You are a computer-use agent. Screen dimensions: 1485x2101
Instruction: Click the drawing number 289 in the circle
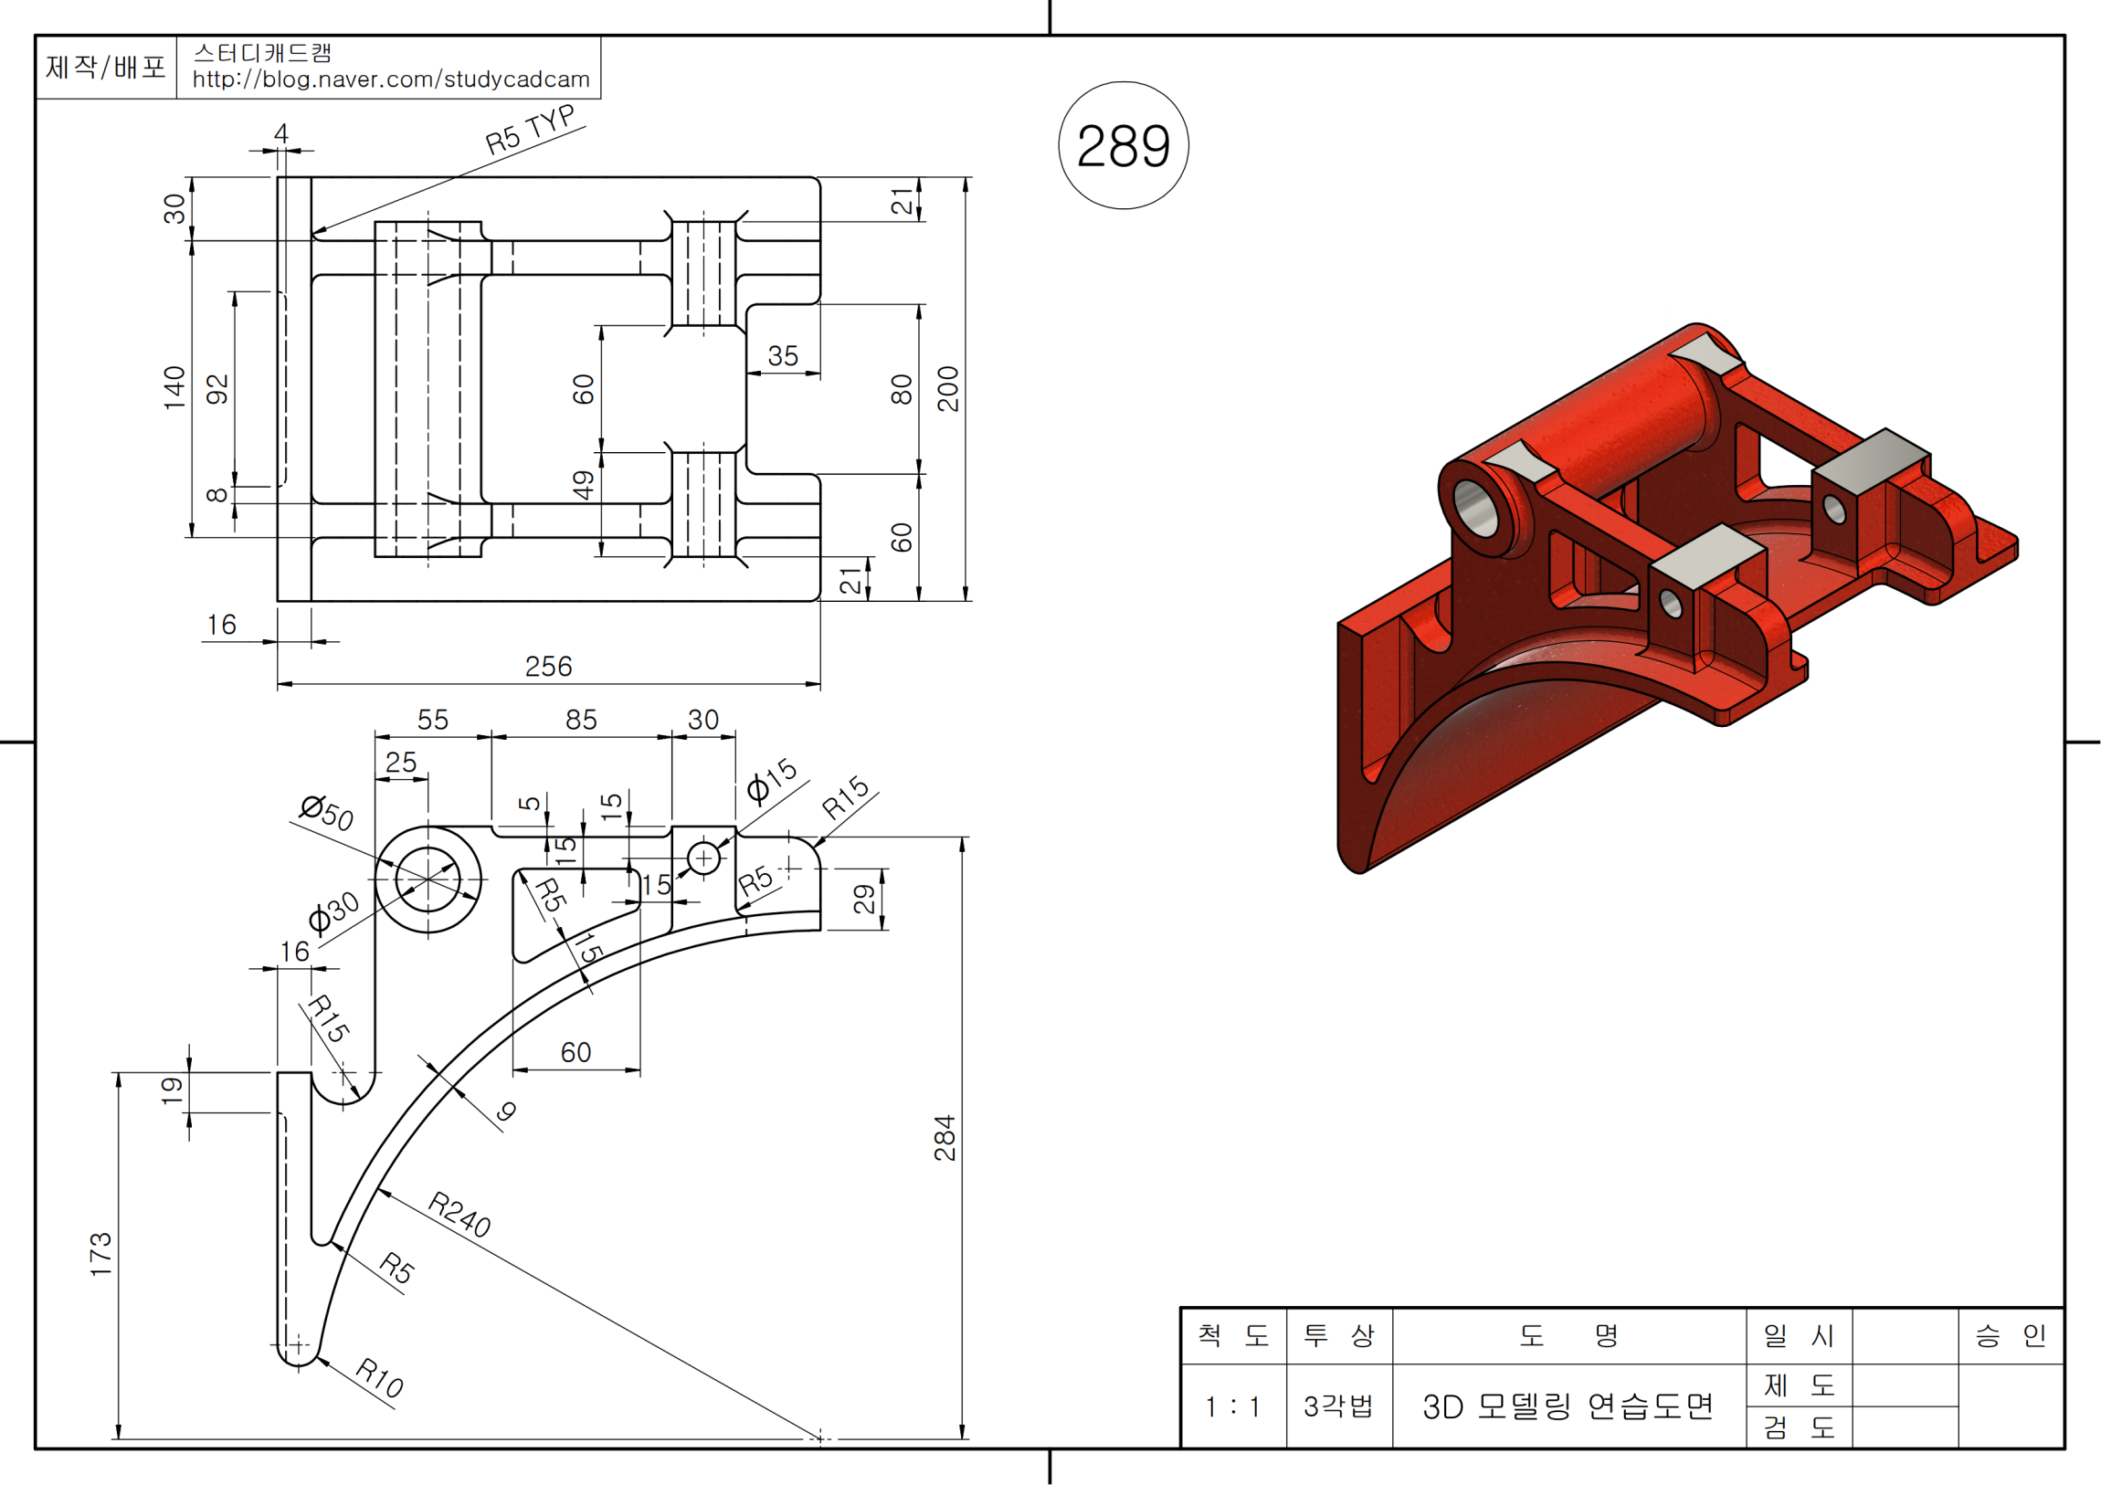pyautogui.click(x=1123, y=145)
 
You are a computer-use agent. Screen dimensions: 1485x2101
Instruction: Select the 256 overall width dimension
pyautogui.click(x=548, y=666)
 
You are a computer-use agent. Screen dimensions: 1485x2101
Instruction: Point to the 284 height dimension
pyautogui.click(x=945, y=1137)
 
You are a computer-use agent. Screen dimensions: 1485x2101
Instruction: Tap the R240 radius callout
pyautogui.click(x=459, y=1214)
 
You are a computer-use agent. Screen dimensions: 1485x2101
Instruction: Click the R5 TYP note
pyautogui.click(x=530, y=129)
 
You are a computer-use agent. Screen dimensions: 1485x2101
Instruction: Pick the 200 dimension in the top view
pyautogui.click(x=948, y=389)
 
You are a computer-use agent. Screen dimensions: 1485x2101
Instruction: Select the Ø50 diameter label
pyautogui.click(x=327, y=812)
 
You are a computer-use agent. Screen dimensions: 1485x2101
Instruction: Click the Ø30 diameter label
pyautogui.click(x=333, y=911)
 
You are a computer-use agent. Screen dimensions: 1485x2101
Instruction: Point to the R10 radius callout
pyautogui.click(x=380, y=1377)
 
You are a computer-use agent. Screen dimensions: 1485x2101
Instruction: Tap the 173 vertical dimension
pyautogui.click(x=100, y=1254)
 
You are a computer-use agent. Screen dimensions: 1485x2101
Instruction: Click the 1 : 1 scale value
pyautogui.click(x=1232, y=1406)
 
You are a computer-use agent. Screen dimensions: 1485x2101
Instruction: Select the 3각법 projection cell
pyautogui.click(x=1338, y=1406)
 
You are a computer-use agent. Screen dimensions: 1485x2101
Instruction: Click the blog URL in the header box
pyautogui.click(x=391, y=79)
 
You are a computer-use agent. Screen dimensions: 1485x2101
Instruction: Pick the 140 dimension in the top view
pyautogui.click(x=174, y=388)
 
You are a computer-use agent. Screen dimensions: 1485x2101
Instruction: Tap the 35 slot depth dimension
pyautogui.click(x=782, y=356)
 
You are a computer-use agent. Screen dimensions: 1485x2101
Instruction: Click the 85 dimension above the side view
pyautogui.click(x=581, y=720)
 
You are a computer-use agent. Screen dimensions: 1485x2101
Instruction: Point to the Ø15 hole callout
pyautogui.click(x=771, y=780)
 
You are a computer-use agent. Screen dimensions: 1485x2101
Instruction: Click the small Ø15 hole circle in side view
pyautogui.click(x=703, y=858)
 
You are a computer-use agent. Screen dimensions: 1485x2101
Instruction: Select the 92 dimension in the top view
pyautogui.click(x=216, y=389)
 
